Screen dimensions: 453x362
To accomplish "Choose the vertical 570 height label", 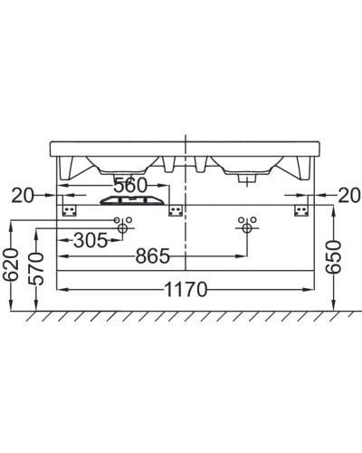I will (37, 269).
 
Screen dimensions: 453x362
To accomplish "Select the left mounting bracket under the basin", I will (69, 209).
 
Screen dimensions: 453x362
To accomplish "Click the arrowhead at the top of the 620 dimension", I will (12, 224).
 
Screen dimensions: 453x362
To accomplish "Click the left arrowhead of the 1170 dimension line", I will (62, 290).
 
